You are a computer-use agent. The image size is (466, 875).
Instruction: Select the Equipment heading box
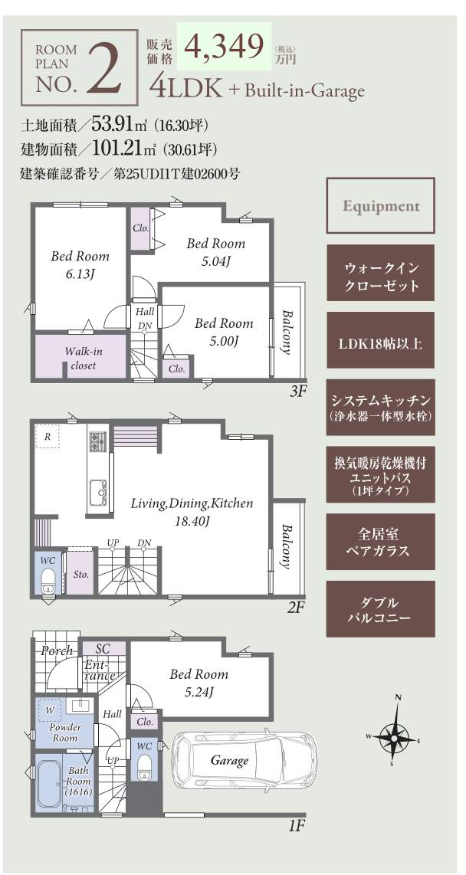pyautogui.click(x=381, y=205)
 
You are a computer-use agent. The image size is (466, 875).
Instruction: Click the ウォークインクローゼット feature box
pyautogui.click(x=381, y=277)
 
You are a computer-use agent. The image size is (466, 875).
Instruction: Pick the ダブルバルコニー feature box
pyautogui.click(x=381, y=610)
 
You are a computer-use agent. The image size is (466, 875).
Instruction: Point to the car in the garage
pyautogui.click(x=244, y=760)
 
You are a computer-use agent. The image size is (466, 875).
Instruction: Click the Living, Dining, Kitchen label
pyautogui.click(x=192, y=511)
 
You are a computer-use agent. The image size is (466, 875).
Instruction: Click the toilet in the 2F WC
pyautogui.click(x=48, y=580)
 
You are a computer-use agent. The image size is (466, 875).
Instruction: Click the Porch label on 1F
pyautogui.click(x=57, y=650)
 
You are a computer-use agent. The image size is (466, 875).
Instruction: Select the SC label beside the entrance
pyautogui.click(x=103, y=648)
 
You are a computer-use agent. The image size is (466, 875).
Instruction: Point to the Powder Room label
pyautogui.click(x=64, y=732)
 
